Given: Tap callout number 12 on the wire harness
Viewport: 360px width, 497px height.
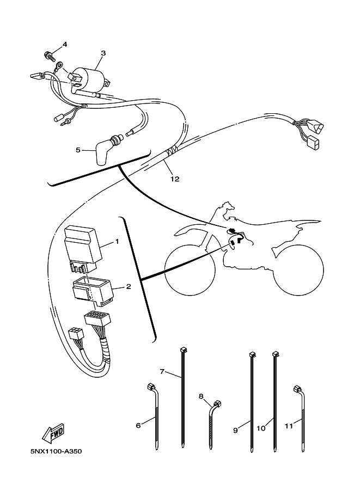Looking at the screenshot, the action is click(175, 179).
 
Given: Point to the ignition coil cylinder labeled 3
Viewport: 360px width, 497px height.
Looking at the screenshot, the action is click(89, 79).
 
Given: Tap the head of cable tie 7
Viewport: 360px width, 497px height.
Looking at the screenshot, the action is click(182, 350).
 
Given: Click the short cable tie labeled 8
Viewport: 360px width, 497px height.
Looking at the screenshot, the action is click(214, 425).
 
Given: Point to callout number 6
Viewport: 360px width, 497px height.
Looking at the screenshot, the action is click(138, 425).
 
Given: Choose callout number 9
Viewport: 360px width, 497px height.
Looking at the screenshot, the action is click(236, 431).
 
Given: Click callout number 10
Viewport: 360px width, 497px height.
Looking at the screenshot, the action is click(261, 428).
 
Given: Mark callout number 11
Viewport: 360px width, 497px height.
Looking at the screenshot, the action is click(289, 426).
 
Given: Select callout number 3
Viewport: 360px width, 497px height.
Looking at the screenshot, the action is click(103, 53).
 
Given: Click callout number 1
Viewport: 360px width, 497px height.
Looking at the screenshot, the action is click(117, 242).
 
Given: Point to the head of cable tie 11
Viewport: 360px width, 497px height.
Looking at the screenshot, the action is click(298, 389).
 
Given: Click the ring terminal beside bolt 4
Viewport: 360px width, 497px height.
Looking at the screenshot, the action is click(59, 66).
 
